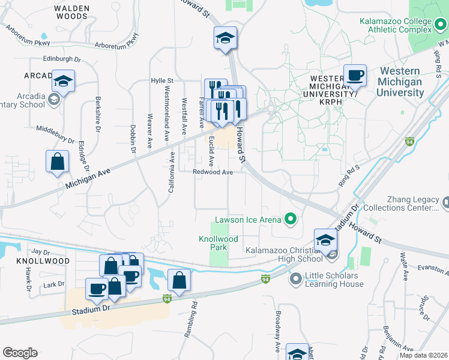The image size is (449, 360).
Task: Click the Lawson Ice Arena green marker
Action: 291,219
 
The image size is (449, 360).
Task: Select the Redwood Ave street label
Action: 212,172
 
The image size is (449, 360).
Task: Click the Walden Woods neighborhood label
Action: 71,13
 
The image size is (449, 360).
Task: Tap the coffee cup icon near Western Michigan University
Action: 355,76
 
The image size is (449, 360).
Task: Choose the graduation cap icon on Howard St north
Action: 225,38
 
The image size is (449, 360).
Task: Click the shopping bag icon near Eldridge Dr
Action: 57,161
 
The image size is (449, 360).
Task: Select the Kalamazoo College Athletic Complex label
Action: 396,25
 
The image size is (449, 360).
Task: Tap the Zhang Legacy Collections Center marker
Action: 445,203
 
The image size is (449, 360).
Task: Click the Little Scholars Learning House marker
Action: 295,279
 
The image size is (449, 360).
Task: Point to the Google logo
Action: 20,353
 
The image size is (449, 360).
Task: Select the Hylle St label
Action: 162,80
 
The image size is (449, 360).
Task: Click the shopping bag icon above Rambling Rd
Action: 179,279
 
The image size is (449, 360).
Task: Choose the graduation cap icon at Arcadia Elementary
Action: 63,81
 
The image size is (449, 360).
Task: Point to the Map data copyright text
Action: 423,355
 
